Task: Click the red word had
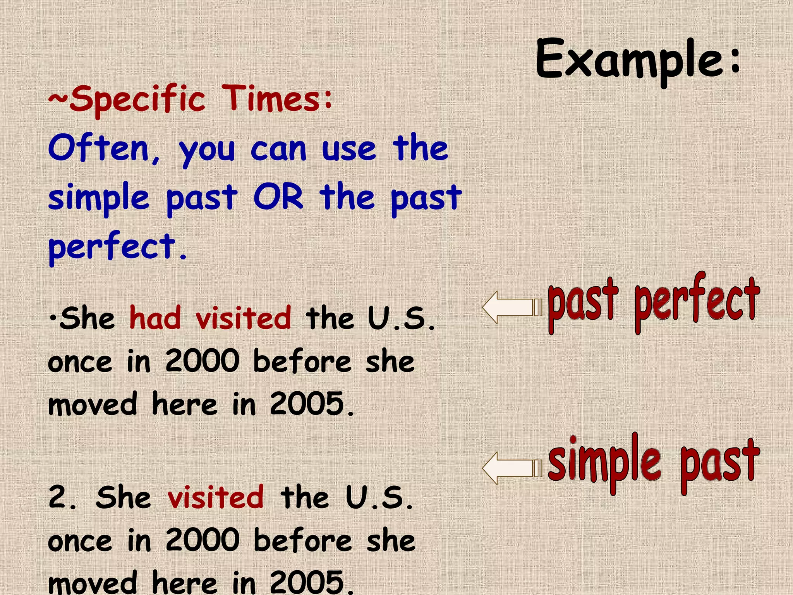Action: (x=155, y=318)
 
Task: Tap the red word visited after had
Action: (x=243, y=318)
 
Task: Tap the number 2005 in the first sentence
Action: (x=307, y=404)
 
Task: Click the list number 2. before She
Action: (x=62, y=497)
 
